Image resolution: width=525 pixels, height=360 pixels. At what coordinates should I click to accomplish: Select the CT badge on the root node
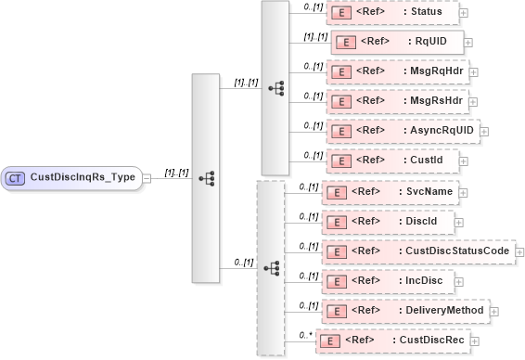click(16, 177)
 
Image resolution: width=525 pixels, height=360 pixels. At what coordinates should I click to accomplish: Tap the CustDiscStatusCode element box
click(417, 251)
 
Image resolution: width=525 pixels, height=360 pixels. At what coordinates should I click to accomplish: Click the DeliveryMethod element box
click(403, 309)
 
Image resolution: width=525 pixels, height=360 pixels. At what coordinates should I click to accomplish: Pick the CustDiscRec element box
click(391, 341)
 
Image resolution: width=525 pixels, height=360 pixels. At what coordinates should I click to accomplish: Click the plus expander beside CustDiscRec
click(476, 341)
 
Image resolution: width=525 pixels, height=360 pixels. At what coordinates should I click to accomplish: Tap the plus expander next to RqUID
click(468, 43)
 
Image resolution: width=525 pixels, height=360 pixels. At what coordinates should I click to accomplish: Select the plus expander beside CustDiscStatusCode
click(519, 251)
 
